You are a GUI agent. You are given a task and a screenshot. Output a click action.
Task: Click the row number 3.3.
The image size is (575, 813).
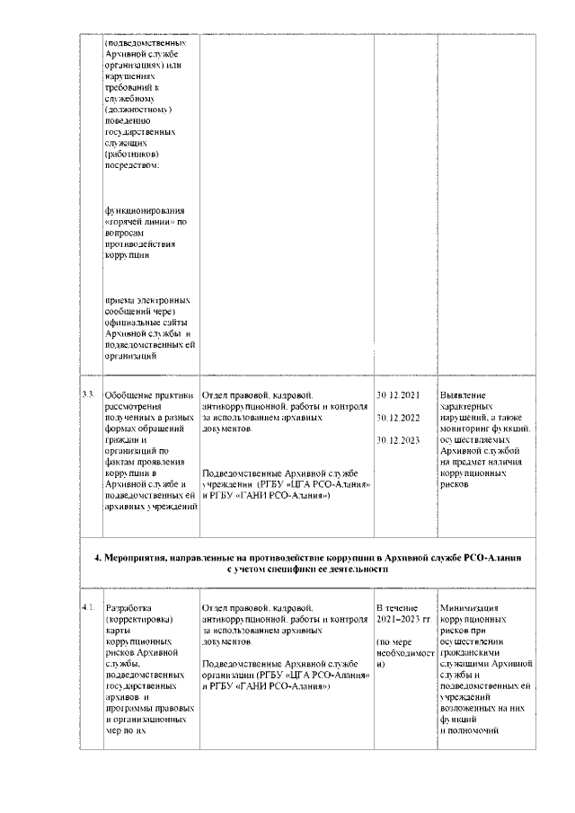[88, 394]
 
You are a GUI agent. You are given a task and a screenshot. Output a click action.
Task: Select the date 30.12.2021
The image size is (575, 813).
[398, 394]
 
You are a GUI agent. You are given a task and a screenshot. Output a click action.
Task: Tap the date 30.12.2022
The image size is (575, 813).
[398, 418]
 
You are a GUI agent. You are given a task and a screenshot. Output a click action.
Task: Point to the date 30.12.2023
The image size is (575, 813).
[398, 440]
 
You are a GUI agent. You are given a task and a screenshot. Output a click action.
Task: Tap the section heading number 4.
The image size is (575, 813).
[98, 558]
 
